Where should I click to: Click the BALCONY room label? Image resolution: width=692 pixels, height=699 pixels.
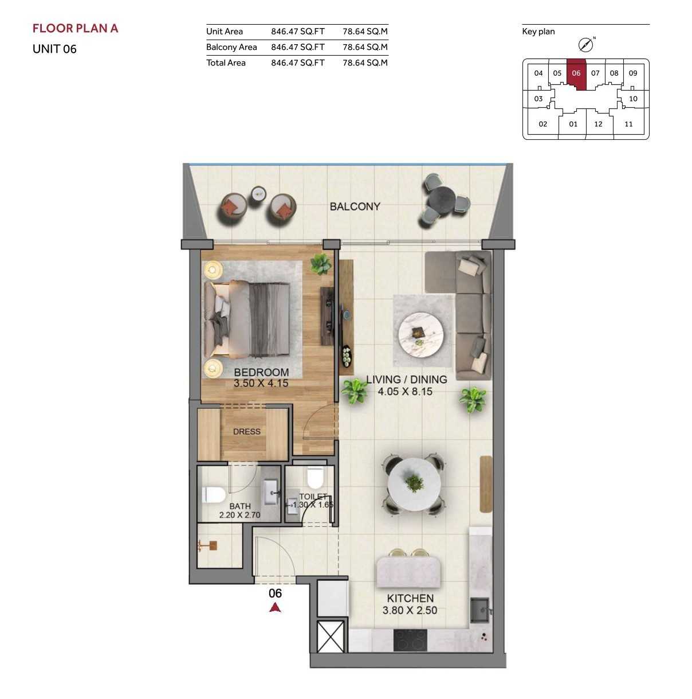(355, 206)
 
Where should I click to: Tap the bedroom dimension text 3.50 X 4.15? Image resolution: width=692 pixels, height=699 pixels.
(261, 383)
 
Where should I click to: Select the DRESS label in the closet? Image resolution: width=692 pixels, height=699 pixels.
(246, 432)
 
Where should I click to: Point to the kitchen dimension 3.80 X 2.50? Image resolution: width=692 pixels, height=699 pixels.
(410, 611)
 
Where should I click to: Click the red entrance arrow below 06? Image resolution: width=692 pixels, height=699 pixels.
(275, 607)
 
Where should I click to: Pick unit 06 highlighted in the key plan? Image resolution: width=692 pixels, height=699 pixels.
(576, 73)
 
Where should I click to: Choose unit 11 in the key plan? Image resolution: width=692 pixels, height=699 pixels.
(628, 124)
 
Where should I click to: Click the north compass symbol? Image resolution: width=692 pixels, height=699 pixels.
(585, 45)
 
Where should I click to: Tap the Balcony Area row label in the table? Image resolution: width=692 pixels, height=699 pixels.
(231, 47)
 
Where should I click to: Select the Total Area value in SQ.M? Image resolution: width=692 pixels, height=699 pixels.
(365, 63)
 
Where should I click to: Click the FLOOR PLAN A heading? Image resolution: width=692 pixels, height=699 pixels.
(76, 28)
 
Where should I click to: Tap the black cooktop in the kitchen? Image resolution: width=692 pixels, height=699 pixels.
(410, 641)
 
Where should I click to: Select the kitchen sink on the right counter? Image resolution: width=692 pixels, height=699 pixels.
(479, 610)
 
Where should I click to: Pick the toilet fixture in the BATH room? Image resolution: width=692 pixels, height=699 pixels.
(214, 495)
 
